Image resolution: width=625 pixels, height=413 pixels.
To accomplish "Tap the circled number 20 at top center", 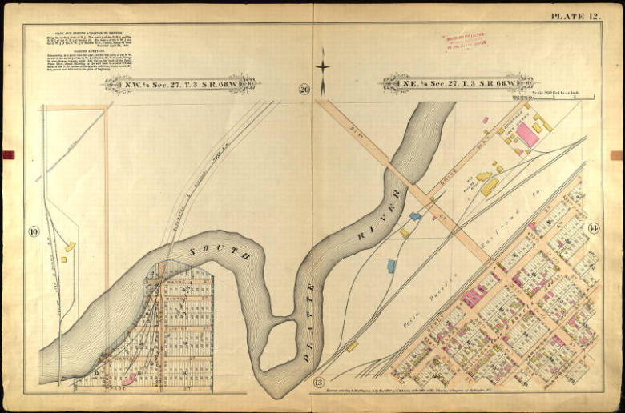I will tap(304, 90).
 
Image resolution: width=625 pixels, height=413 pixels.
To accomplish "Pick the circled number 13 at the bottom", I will tap(318, 382).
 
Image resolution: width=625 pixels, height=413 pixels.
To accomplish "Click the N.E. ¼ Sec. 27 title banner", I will tap(458, 82).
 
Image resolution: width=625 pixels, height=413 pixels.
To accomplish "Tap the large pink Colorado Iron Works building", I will tap(526, 134).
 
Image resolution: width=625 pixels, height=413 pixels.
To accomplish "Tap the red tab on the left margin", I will tap(8, 154).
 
